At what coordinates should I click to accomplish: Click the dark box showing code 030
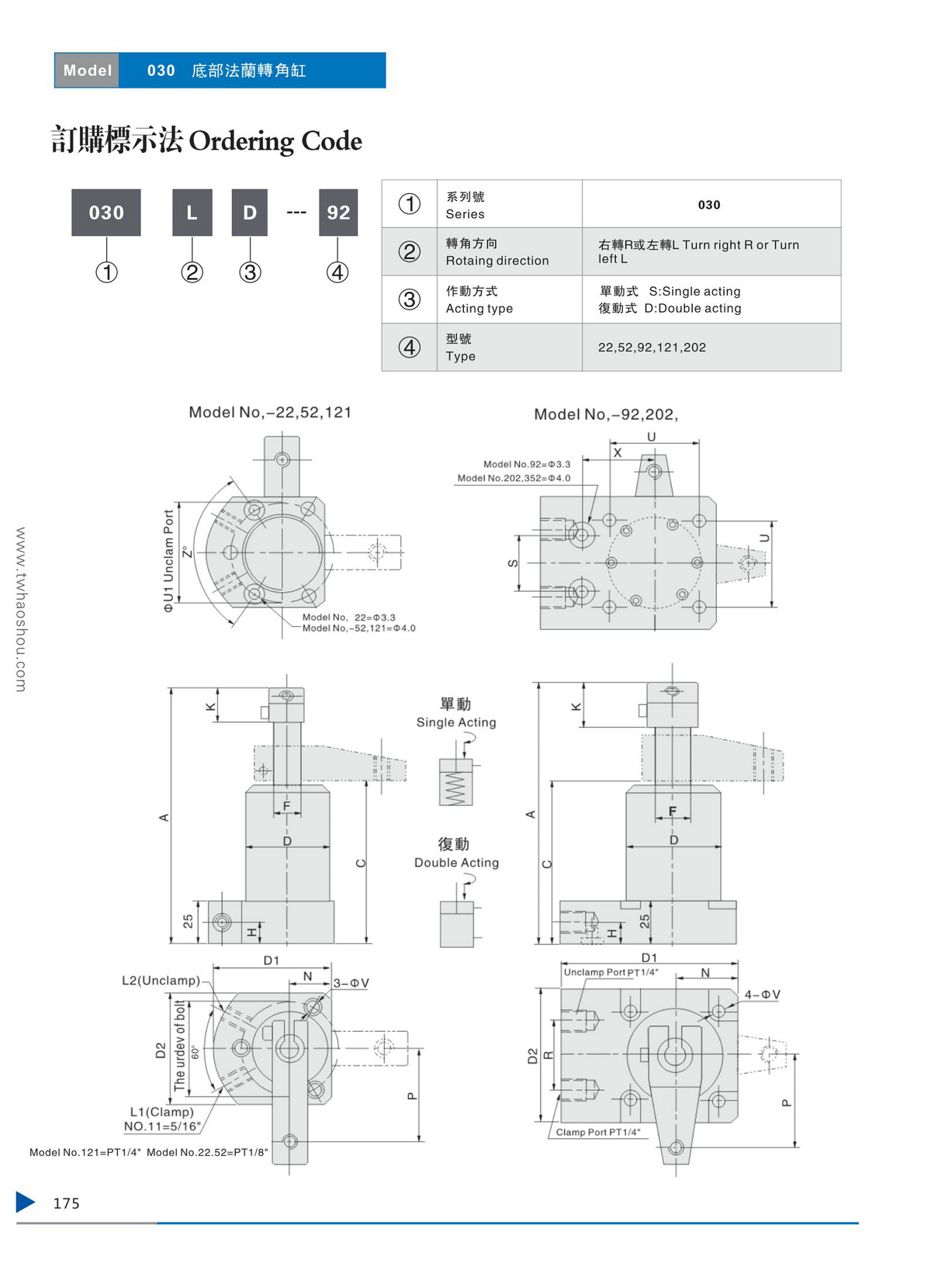(x=106, y=213)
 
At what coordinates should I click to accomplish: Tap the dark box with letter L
(x=192, y=213)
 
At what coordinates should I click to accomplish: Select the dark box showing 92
(x=338, y=213)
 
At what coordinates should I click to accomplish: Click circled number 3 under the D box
(x=250, y=272)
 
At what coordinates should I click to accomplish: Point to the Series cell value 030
(x=709, y=205)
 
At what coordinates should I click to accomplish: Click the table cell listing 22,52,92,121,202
(x=652, y=348)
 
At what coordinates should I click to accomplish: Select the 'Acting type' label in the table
(x=479, y=309)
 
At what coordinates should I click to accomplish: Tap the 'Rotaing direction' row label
(x=497, y=261)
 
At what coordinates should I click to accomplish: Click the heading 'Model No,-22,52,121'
(x=270, y=412)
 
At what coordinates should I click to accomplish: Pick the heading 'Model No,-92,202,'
(x=605, y=414)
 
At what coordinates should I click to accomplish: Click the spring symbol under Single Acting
(x=455, y=789)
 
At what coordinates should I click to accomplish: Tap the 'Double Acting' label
(x=456, y=863)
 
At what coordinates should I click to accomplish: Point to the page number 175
(x=66, y=1203)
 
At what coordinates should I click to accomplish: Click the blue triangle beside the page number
(x=26, y=1202)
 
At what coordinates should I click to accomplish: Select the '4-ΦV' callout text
(x=762, y=995)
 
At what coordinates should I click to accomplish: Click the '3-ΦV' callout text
(x=351, y=983)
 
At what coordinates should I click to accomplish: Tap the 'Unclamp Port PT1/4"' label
(x=611, y=972)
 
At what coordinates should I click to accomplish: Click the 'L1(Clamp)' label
(x=161, y=1112)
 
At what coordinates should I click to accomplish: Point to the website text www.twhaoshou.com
(x=21, y=609)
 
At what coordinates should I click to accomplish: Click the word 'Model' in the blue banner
(x=88, y=71)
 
